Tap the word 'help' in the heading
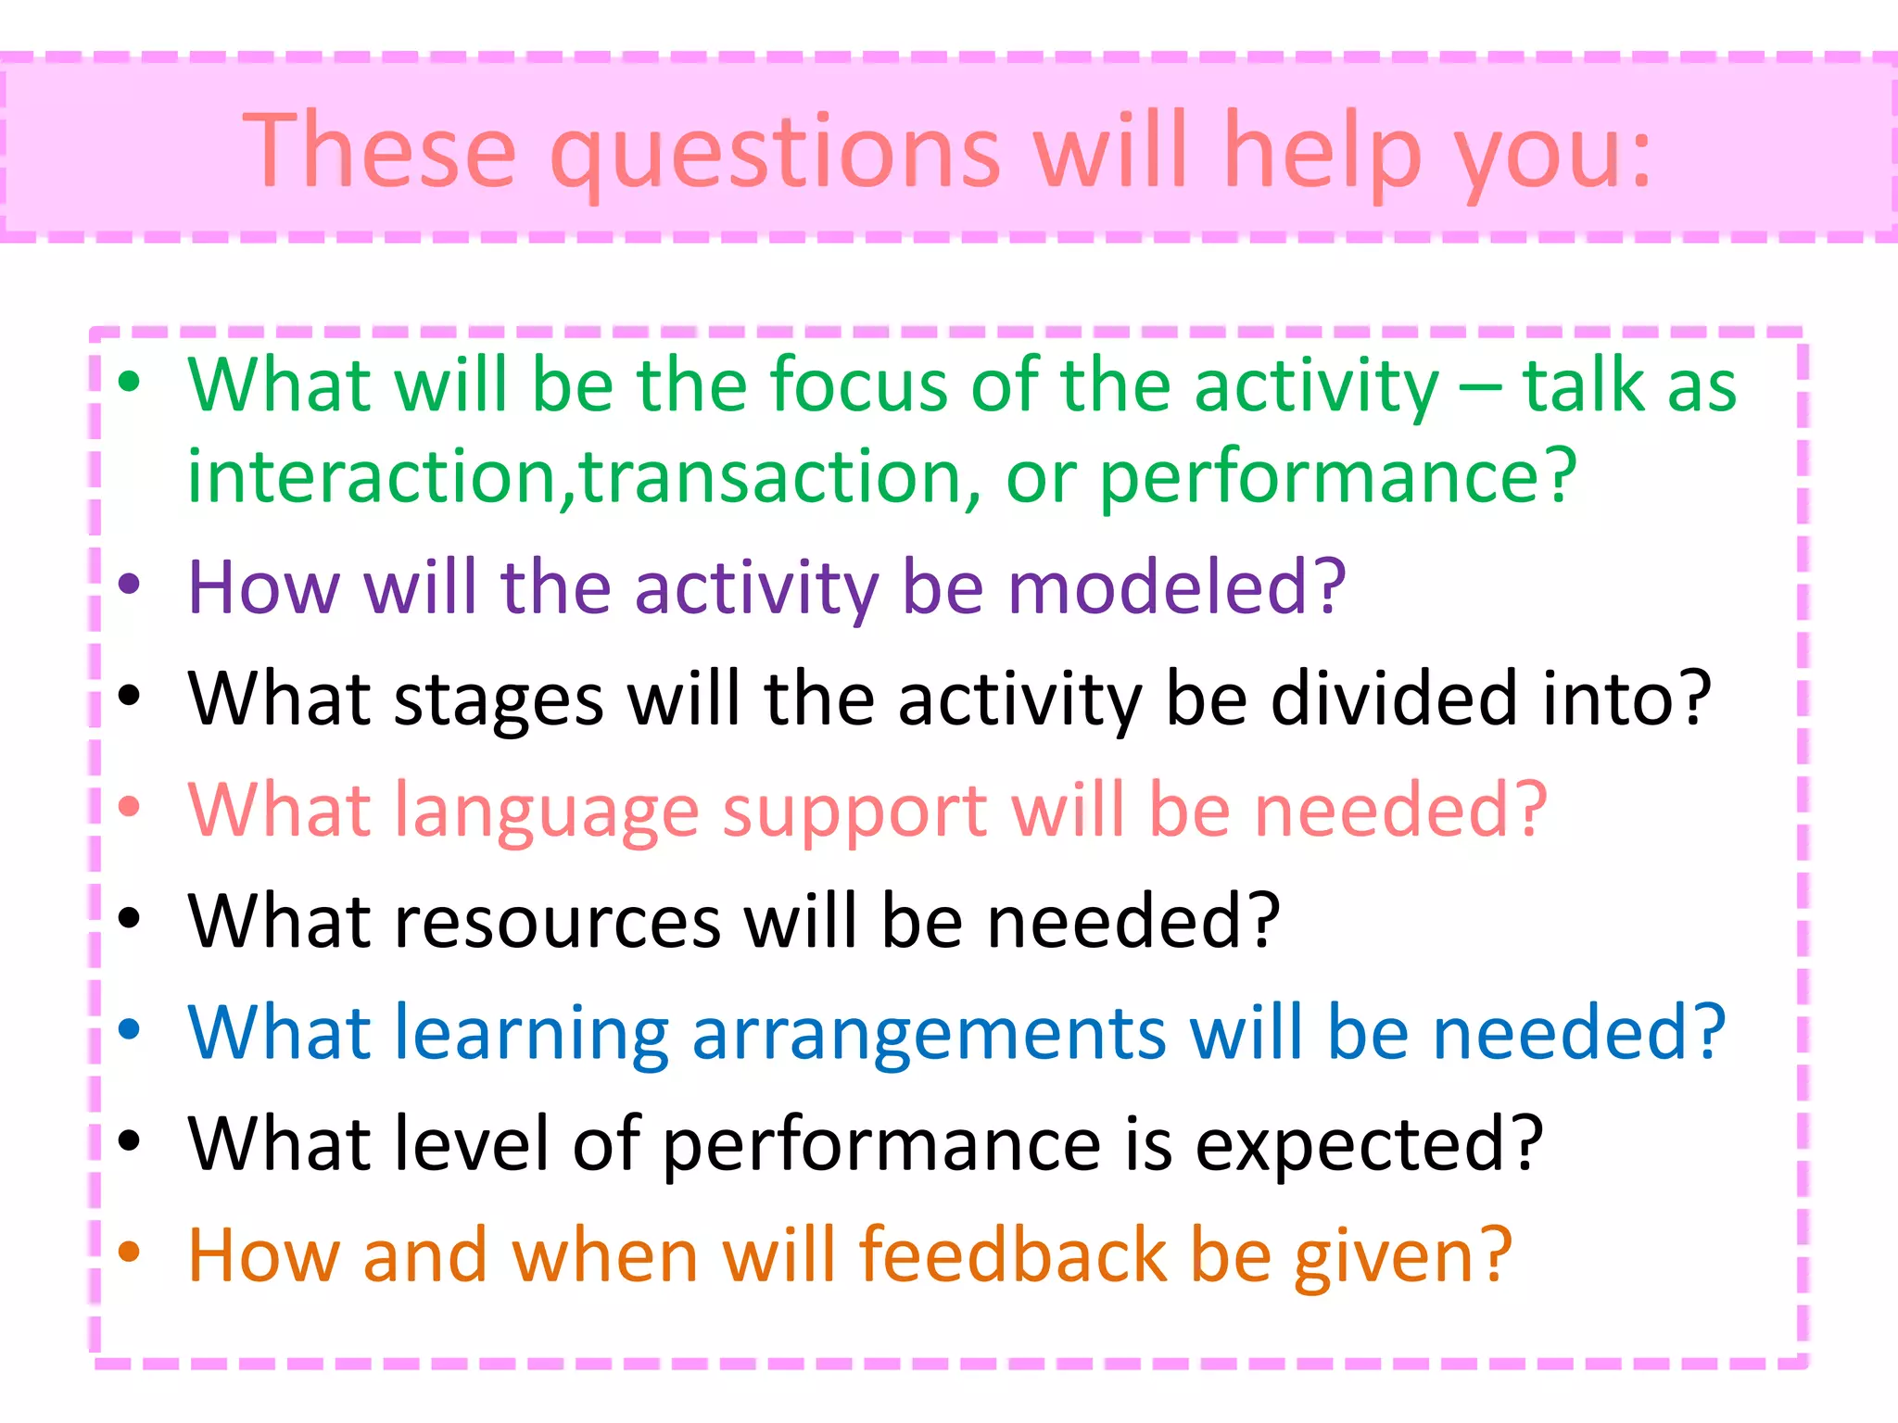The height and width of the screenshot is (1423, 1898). click(1322, 151)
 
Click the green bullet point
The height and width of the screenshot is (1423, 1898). click(129, 381)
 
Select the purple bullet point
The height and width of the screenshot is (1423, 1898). click(129, 584)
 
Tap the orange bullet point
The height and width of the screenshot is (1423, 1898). click(129, 1252)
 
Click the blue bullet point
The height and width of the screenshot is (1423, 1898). click(129, 1028)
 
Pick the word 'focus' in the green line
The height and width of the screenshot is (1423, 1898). click(857, 384)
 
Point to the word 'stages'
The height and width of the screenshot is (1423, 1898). click(499, 701)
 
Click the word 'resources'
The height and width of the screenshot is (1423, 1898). click(558, 922)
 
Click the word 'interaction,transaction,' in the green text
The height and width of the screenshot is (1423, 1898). click(584, 477)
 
